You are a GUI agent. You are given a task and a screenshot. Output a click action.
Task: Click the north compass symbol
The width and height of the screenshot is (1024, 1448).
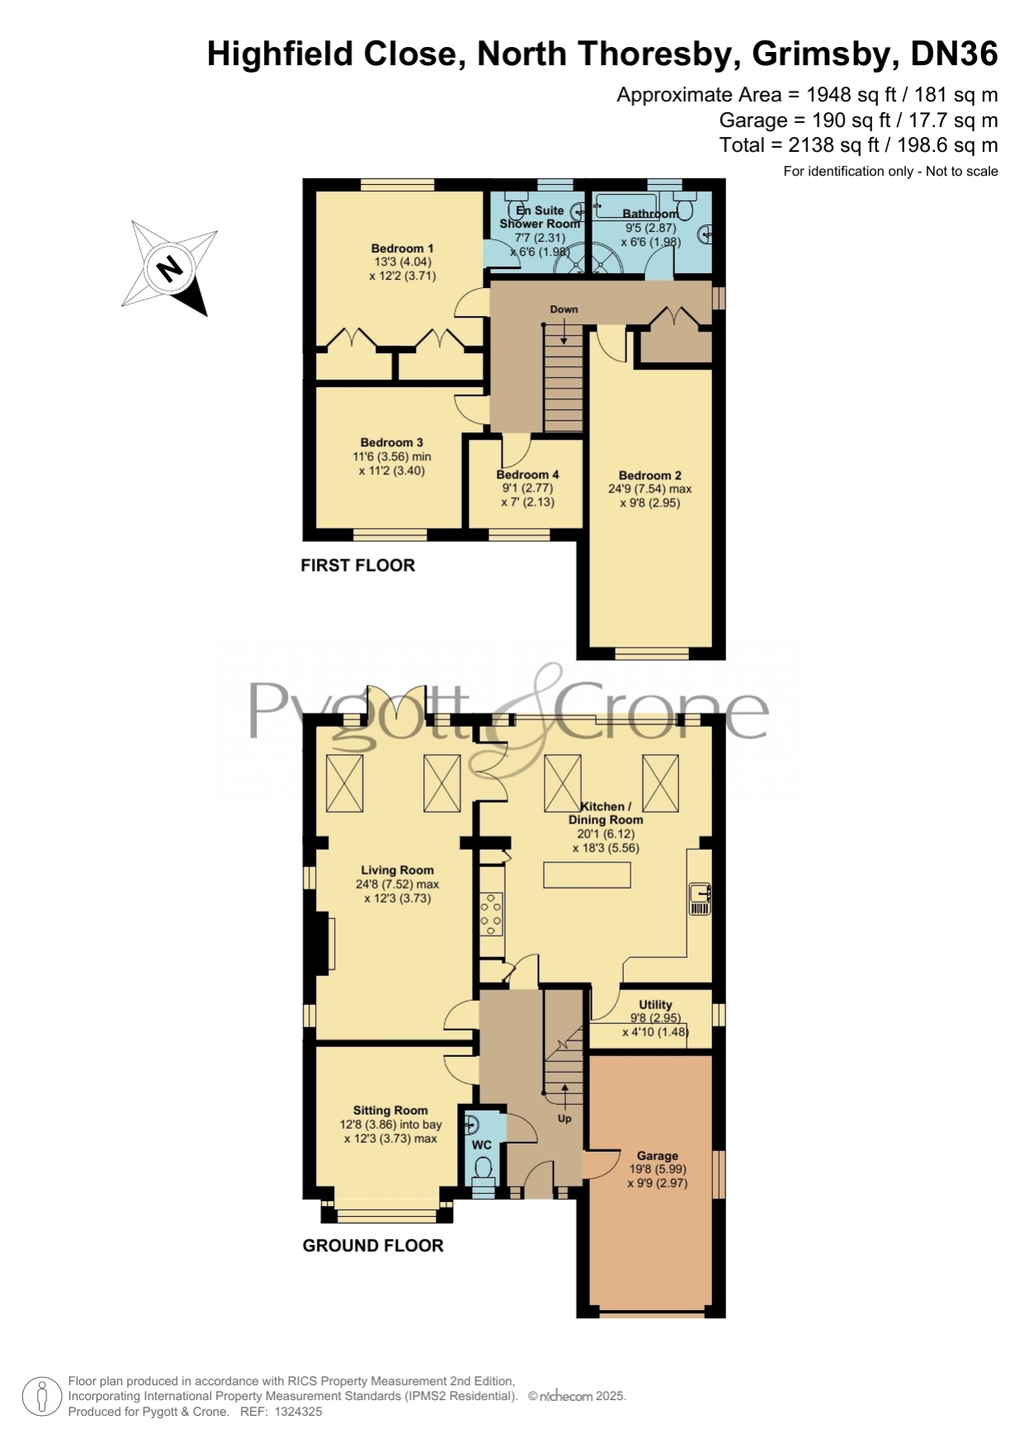tap(170, 268)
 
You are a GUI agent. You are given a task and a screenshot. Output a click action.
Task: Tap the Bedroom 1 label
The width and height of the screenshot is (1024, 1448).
tap(402, 248)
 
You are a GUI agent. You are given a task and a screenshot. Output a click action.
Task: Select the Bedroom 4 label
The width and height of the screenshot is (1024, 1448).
tap(527, 474)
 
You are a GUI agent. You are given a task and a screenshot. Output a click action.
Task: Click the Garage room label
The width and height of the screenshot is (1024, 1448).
tap(657, 1156)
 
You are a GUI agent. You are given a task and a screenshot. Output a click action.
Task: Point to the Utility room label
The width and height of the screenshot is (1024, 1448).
tap(655, 1005)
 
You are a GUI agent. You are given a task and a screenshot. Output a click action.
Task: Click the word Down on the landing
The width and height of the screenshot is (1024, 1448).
tap(564, 309)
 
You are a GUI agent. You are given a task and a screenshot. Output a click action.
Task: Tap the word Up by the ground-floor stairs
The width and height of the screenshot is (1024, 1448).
tap(564, 1119)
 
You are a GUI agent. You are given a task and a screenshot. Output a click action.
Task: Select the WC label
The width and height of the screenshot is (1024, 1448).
tap(481, 1144)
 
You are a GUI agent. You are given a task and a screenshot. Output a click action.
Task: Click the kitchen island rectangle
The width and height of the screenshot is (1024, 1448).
tap(587, 875)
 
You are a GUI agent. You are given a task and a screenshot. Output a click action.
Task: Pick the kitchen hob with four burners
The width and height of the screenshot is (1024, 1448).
tap(492, 913)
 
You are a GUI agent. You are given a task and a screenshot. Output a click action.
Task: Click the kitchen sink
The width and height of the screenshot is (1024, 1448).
tap(700, 899)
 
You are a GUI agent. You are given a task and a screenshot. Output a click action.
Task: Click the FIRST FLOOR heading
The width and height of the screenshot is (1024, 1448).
tap(357, 565)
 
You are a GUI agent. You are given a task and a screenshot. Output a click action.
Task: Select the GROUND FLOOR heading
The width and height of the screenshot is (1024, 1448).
tap(373, 1246)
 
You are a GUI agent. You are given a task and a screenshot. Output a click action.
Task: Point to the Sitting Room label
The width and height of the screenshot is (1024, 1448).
tap(390, 1111)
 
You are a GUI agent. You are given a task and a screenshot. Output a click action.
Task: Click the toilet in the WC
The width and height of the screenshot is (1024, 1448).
tap(484, 1168)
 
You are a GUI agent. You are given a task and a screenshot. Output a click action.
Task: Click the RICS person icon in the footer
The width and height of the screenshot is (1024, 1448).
tap(41, 1397)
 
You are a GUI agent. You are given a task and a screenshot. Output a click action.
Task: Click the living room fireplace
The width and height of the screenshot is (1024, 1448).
tap(323, 940)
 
